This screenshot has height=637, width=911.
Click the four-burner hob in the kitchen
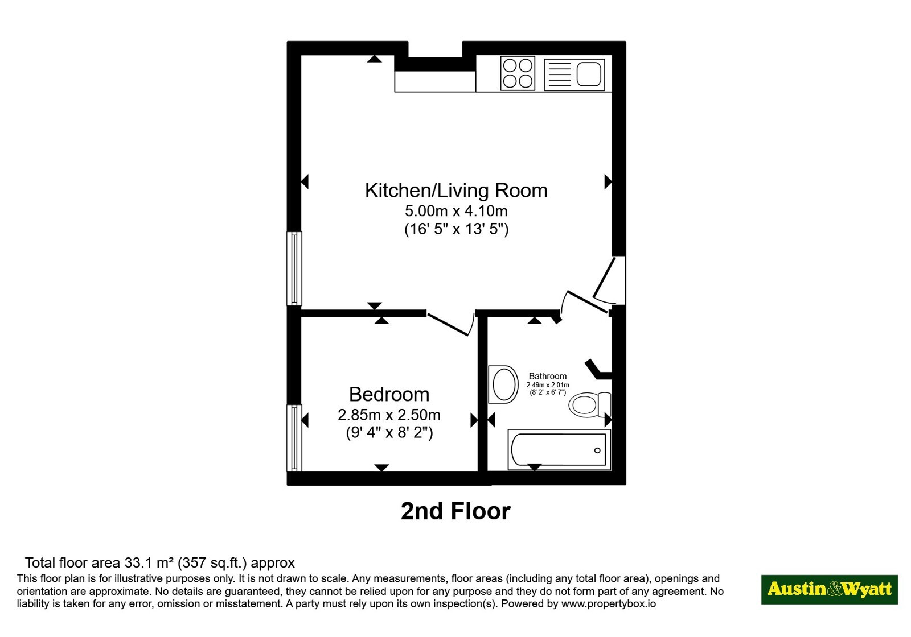pyautogui.click(x=518, y=73)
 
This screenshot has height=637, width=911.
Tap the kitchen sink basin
pyautogui.click(x=589, y=74)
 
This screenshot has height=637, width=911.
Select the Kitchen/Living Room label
pyautogui.click(x=456, y=191)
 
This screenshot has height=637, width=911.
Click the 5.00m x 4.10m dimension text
pyautogui.click(x=456, y=211)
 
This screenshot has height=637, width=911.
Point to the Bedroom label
pyautogui.click(x=389, y=394)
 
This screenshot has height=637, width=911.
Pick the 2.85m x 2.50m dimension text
pyautogui.click(x=389, y=415)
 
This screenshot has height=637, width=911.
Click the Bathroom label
pyautogui.click(x=547, y=376)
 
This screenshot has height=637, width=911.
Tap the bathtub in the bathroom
pyautogui.click(x=559, y=450)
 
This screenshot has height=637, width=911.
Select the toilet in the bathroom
pyautogui.click(x=589, y=404)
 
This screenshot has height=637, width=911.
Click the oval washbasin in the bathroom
pyautogui.click(x=503, y=384)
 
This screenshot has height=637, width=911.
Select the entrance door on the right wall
pyautogui.click(x=609, y=280)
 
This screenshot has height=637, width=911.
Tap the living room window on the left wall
pyautogui.click(x=294, y=268)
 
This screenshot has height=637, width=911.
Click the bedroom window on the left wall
pyautogui.click(x=294, y=438)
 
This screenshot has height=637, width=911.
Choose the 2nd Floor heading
pyautogui.click(x=455, y=511)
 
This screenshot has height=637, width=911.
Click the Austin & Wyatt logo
pyautogui.click(x=829, y=589)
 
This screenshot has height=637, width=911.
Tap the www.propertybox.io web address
pyautogui.click(x=609, y=603)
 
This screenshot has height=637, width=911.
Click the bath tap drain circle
pyautogui.click(x=597, y=450)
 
